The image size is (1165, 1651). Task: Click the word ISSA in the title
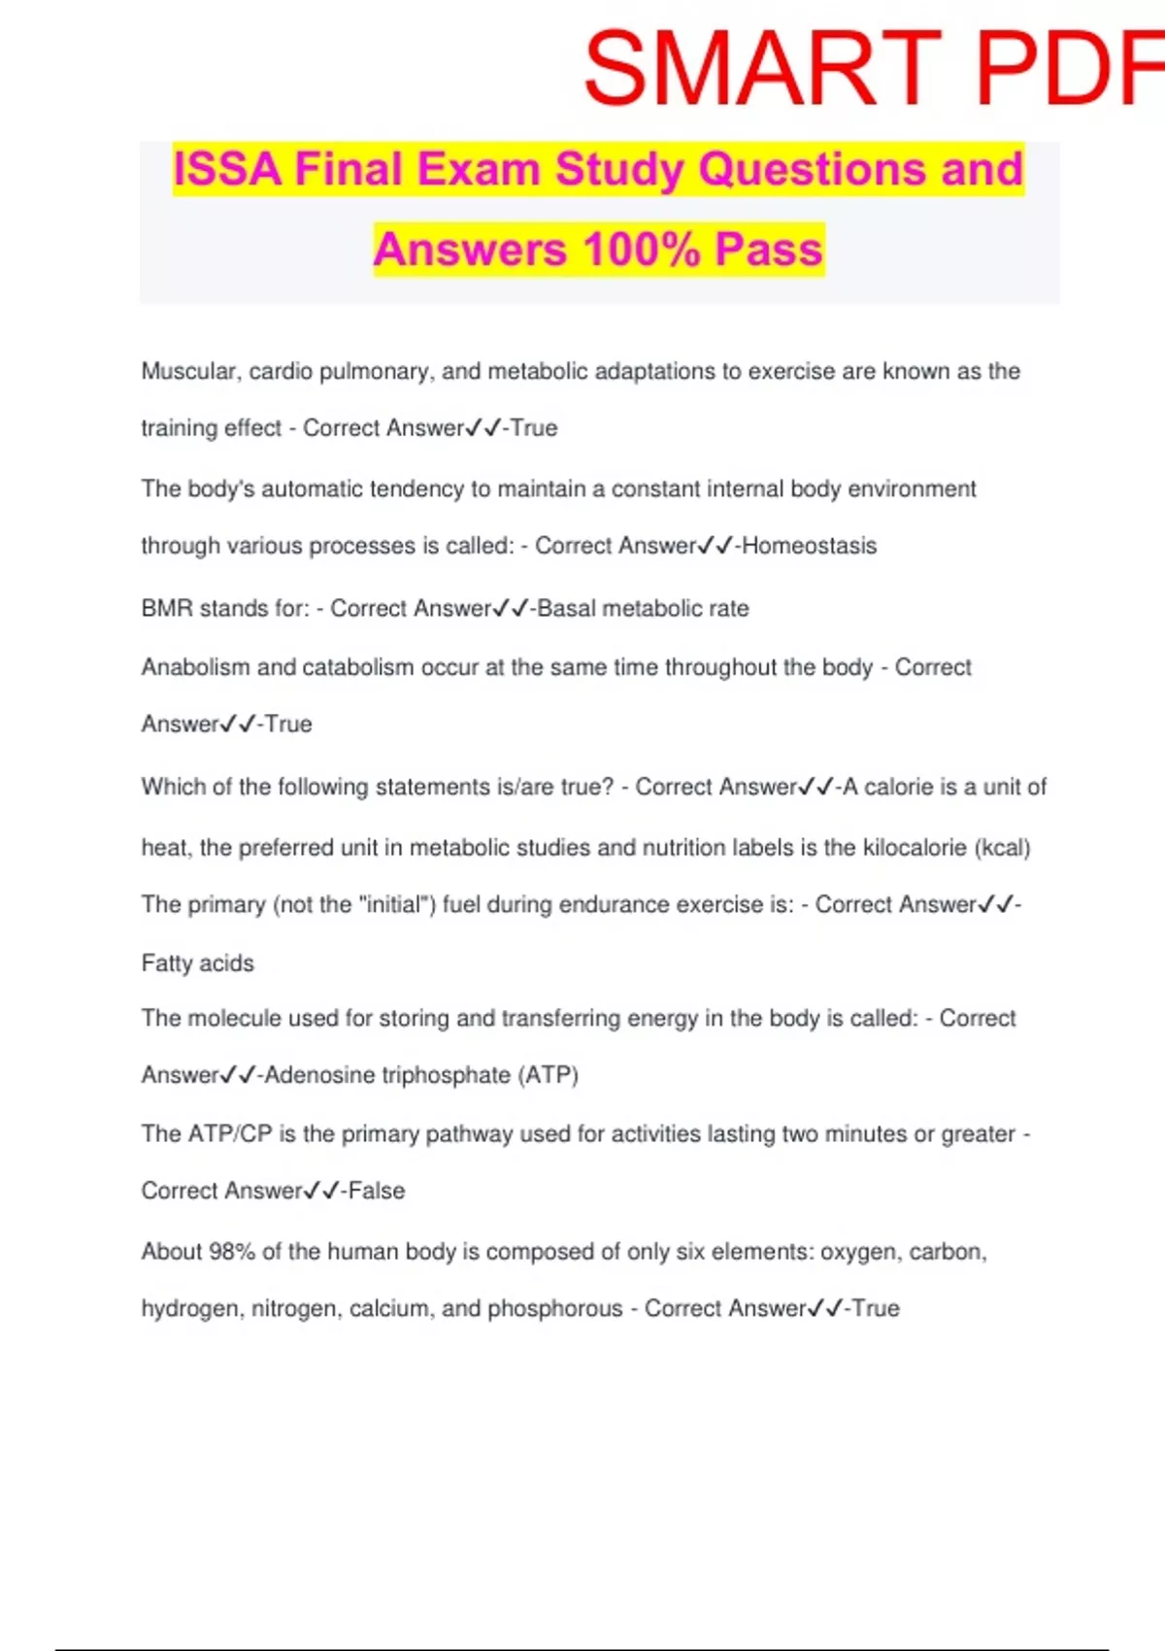(x=227, y=169)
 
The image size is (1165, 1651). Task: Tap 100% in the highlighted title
(x=642, y=250)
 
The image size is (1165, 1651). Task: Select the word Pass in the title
(x=769, y=250)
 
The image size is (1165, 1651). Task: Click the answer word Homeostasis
(x=809, y=546)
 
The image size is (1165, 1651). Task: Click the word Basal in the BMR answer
(x=566, y=609)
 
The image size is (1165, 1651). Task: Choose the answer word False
(x=377, y=1191)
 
